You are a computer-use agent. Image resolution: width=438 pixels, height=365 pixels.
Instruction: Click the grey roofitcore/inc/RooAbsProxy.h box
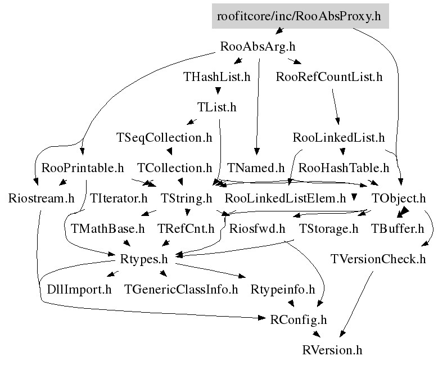pyautogui.click(x=299, y=16)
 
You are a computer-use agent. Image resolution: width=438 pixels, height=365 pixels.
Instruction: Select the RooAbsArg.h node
pyautogui.click(x=259, y=46)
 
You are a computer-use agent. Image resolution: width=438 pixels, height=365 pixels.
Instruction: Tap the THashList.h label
pyautogui.click(x=217, y=77)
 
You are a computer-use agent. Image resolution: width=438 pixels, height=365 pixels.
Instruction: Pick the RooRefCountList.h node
pyautogui.click(x=329, y=77)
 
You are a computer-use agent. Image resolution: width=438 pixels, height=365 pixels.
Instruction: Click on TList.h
pyautogui.click(x=217, y=107)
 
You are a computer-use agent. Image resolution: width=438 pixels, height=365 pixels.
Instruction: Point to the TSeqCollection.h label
pyautogui.click(x=164, y=137)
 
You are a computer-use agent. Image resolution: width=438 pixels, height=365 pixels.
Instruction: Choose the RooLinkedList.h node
pyautogui.click(x=338, y=137)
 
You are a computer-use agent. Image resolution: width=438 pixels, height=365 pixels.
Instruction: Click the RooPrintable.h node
pyautogui.click(x=83, y=168)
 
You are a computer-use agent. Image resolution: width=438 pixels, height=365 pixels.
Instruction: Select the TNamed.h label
pyautogui.click(x=256, y=168)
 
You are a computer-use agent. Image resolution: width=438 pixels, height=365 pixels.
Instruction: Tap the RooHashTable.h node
pyautogui.click(x=344, y=168)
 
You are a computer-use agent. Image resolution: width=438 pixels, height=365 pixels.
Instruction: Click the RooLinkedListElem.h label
pyautogui.click(x=285, y=198)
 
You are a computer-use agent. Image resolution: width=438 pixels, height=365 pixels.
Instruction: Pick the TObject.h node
pyautogui.click(x=399, y=198)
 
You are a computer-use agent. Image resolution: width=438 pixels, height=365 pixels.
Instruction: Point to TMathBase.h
pyautogui.click(x=108, y=228)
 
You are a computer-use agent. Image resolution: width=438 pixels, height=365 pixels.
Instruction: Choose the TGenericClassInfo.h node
pyautogui.click(x=182, y=290)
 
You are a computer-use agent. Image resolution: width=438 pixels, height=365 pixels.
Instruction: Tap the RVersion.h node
pyautogui.click(x=332, y=350)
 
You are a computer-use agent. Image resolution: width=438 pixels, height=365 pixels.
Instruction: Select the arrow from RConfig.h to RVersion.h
pyautogui.click(x=315, y=335)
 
